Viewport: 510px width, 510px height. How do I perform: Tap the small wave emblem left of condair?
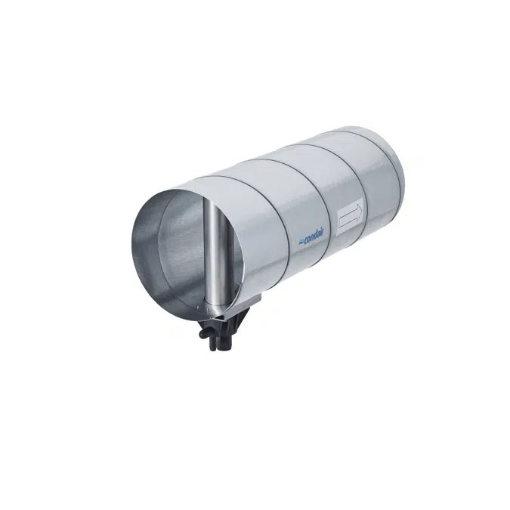coord(301,241)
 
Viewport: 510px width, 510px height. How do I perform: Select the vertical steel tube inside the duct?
coord(215,254)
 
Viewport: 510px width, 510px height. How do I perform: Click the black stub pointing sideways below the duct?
coord(203,333)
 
